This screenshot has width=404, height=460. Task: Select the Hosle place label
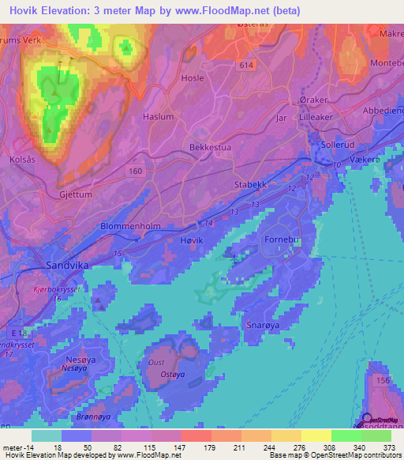(193, 79)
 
